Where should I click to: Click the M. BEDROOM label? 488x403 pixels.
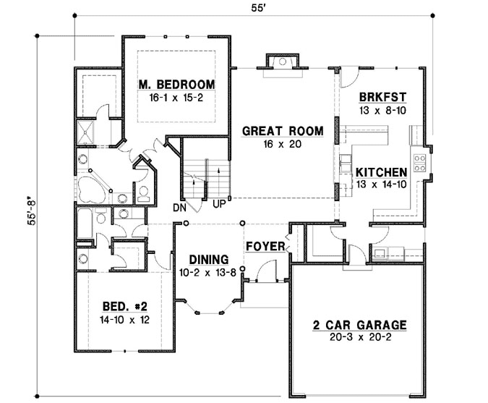pos(177,84)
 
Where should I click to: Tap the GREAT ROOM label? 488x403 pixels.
pos(272,132)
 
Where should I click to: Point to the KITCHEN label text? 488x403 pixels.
pos(380,173)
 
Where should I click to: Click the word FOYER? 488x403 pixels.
pos(265,247)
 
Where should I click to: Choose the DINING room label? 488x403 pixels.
pos(209,259)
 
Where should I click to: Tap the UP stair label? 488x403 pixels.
pos(218,205)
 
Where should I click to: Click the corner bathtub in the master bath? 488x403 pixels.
pos(92,187)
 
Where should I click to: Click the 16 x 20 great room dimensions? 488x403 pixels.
pos(272,144)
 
